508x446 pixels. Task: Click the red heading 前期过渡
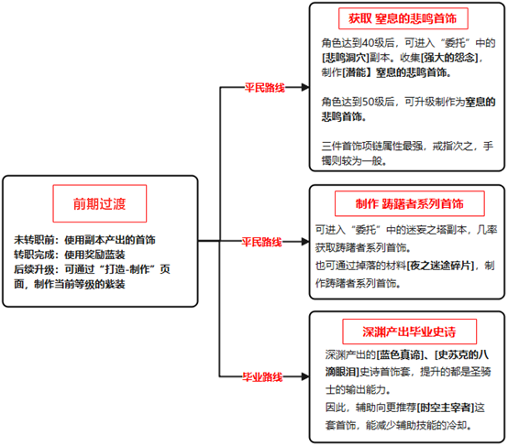(99, 204)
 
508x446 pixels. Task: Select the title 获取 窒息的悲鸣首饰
(403, 18)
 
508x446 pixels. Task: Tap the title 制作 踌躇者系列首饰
(410, 203)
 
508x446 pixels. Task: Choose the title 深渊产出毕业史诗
(409, 332)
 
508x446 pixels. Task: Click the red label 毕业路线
(262, 376)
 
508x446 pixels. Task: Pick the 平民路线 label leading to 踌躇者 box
(261, 242)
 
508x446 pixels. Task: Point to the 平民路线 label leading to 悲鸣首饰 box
(265, 88)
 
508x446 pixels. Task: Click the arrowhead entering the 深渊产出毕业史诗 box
(305, 376)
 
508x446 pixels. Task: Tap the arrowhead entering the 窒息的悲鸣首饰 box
(305, 87)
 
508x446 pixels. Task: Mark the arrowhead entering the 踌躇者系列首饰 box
(305, 242)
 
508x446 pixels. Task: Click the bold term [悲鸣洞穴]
(346, 58)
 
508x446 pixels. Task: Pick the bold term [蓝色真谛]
(400, 355)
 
